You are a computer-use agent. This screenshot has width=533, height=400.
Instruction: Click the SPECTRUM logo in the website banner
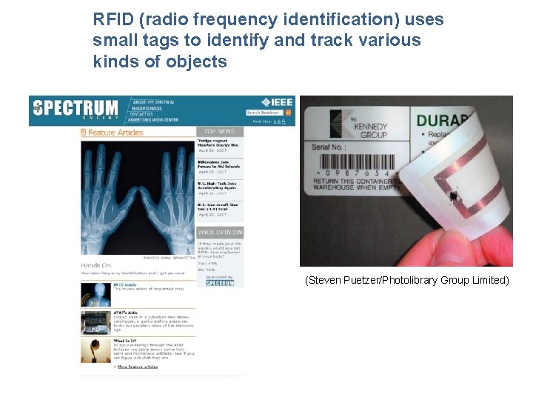pos(74,107)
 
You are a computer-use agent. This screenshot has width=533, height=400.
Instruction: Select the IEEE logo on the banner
pos(277,102)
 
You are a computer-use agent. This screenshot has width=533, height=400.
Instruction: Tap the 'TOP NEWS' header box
pos(220,131)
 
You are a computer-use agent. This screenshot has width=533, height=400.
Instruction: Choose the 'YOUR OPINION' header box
pos(220,232)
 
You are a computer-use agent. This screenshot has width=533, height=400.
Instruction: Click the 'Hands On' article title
pos(97,264)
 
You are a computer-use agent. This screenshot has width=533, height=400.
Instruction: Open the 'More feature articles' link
pos(137,367)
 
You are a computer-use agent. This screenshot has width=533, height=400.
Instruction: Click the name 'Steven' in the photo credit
pos(325,280)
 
